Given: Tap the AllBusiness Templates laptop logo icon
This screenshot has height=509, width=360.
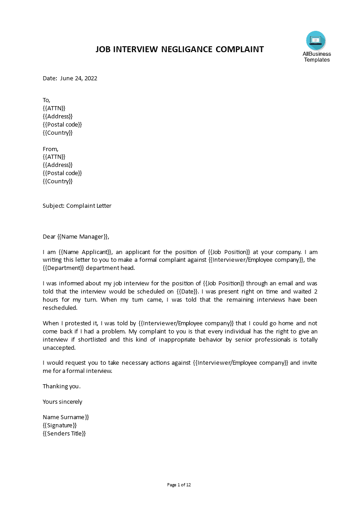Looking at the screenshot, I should click(316, 41).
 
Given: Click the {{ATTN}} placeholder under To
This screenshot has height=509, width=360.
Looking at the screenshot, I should click(54, 108).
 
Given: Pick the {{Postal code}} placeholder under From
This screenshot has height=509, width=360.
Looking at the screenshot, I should click(62, 173).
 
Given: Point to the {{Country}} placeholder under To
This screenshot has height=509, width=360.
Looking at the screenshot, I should click(58, 132).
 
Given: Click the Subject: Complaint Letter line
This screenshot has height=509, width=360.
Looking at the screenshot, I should click(77, 206).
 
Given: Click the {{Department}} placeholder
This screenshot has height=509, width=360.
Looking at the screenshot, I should click(63, 267).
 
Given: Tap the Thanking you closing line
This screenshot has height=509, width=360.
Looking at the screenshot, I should click(62, 386).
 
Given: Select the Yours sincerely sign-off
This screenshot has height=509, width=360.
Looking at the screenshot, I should click(63, 401).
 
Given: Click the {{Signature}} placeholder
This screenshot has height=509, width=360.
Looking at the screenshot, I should click(59, 425).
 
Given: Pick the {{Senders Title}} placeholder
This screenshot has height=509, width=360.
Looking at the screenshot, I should click(64, 433).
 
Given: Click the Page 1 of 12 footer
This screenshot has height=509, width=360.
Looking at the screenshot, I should click(179, 485).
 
